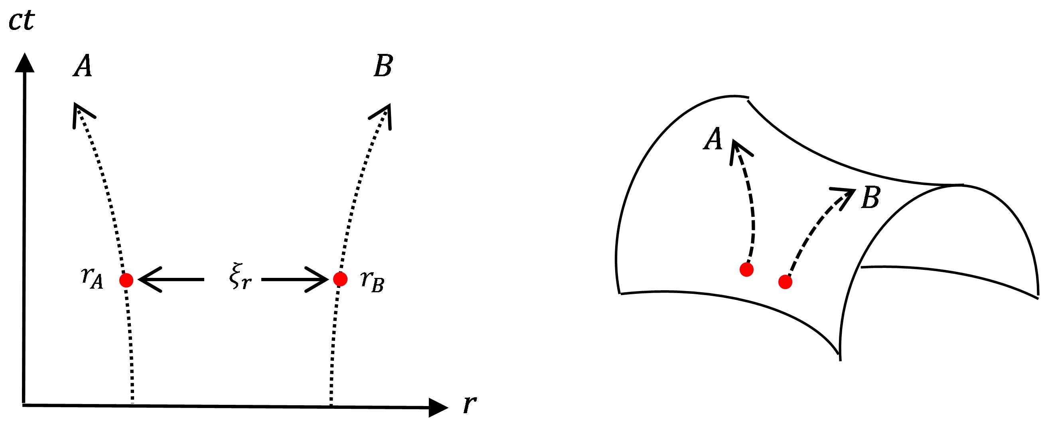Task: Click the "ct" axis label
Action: [x=21, y=21]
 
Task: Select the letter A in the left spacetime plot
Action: [x=83, y=66]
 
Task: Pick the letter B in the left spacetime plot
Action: [x=383, y=66]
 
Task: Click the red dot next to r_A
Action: [x=126, y=280]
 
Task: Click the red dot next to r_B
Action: [x=340, y=279]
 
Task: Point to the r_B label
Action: [x=372, y=281]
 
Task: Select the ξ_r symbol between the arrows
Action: [x=240, y=277]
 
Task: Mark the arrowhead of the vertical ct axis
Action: [x=24, y=63]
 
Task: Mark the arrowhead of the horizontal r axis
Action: [x=438, y=407]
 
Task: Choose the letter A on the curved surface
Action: [x=712, y=139]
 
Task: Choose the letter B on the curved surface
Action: [x=870, y=198]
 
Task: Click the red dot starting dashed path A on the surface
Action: [x=746, y=269]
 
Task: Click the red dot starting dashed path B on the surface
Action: [x=785, y=282]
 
